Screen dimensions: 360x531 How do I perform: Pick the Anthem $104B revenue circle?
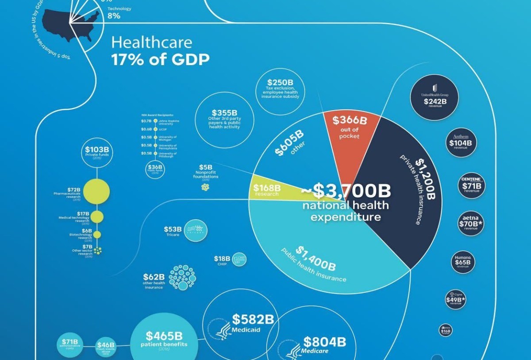(x=461, y=142)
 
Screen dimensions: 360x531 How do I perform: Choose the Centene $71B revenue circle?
(x=472, y=185)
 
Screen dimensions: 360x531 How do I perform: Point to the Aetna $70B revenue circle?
(x=471, y=222)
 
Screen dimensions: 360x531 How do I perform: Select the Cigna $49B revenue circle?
(x=455, y=300)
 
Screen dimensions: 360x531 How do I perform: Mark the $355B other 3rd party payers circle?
(x=224, y=120)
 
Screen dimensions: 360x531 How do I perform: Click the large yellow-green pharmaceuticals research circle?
(x=96, y=191)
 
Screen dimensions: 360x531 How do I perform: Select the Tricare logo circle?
(x=195, y=230)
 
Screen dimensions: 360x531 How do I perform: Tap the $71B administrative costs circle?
(x=70, y=344)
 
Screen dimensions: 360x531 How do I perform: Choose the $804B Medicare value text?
(x=324, y=342)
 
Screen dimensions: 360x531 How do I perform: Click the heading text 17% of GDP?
(x=160, y=60)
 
